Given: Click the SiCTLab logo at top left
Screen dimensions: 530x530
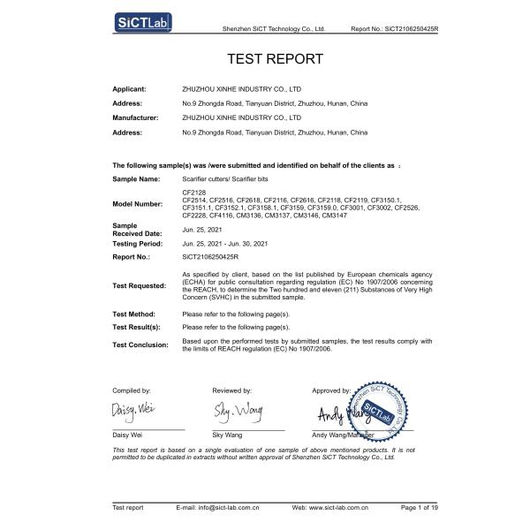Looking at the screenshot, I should pyautogui.click(x=142, y=20).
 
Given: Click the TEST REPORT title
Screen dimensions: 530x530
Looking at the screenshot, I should pyautogui.click(x=276, y=60).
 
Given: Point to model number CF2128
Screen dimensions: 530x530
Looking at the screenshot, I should pyautogui.click(x=193, y=193).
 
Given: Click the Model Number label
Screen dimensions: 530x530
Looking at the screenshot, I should pyautogui.click(x=140, y=204).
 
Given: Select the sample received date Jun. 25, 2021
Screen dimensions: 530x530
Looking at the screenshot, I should pyautogui.click(x=202, y=229).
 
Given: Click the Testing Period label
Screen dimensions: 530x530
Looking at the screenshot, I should pyautogui.click(x=139, y=242).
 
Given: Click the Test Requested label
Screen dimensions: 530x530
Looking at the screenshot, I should pyautogui.click(x=140, y=286).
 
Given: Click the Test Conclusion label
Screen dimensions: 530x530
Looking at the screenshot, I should pyautogui.click(x=141, y=345).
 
